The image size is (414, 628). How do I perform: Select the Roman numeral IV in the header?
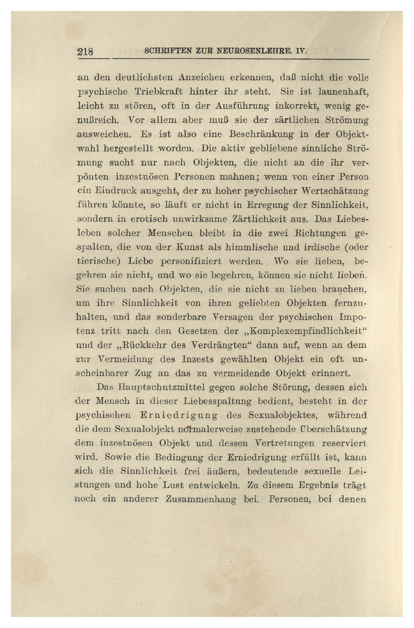[x=301, y=51]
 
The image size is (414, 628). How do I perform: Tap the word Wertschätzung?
[x=334, y=191]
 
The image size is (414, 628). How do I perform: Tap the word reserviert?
[x=344, y=443]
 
